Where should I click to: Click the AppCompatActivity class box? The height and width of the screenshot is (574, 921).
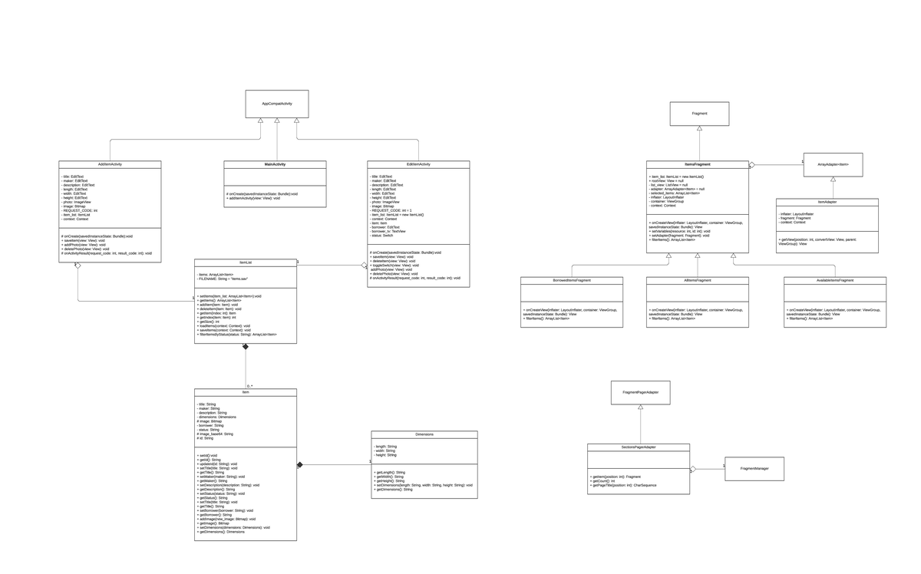276,104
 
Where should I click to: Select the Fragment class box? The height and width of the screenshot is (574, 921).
699,114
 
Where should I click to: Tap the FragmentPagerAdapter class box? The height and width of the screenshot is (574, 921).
640,392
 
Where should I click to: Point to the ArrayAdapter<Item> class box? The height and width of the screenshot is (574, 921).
833,164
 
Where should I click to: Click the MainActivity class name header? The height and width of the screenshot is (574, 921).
275,164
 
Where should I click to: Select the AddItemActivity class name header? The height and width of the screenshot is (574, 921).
110,164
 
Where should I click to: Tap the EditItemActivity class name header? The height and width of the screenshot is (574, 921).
418,164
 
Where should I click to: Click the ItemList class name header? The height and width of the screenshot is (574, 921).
245,262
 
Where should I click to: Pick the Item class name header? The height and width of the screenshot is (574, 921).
245,392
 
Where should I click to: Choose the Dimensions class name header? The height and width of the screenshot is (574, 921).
424,434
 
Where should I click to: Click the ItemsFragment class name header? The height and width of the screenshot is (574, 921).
697,164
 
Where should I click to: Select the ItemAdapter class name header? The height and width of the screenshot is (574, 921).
827,202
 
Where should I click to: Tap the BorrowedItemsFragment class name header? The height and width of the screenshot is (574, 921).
571,281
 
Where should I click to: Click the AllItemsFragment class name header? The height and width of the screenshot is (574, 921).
697,281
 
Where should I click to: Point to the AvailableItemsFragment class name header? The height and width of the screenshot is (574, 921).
834,281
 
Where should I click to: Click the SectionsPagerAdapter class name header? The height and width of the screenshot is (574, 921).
638,447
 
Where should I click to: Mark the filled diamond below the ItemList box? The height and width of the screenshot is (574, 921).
246,347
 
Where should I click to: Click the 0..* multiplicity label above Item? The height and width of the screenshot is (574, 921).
250,386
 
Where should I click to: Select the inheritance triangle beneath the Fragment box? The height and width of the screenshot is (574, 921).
699,129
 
